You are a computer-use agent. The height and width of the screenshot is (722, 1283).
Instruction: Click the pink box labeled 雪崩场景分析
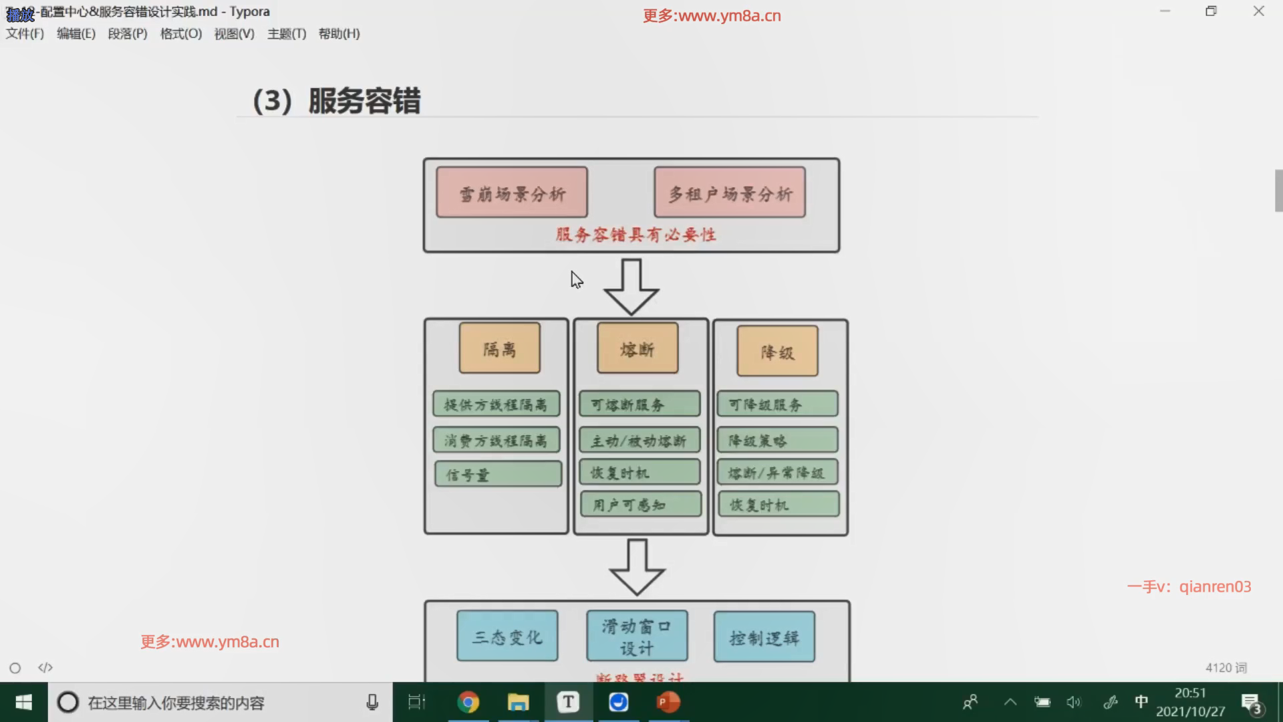point(512,193)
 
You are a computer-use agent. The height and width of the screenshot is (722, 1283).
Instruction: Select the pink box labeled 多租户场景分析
point(730,193)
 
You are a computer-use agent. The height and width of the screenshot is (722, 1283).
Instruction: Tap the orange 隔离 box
point(500,348)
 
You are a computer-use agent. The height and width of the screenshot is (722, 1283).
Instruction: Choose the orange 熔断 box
point(637,348)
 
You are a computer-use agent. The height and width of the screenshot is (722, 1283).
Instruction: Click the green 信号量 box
point(498,474)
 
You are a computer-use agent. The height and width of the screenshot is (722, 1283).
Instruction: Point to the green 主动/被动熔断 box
point(639,441)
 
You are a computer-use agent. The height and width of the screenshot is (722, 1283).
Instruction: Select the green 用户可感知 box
point(641,504)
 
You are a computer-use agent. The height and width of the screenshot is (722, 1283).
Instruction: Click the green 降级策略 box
point(777,440)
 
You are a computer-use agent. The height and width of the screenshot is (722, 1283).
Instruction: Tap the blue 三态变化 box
point(507,636)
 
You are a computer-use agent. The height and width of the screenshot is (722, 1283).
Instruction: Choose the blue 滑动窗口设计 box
point(637,636)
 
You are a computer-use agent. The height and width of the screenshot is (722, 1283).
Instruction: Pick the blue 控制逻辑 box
point(764,637)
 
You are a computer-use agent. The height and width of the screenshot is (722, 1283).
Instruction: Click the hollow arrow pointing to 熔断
point(631,286)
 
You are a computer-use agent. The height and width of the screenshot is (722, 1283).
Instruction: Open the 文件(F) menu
point(25,33)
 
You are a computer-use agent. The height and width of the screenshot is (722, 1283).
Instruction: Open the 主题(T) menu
point(287,33)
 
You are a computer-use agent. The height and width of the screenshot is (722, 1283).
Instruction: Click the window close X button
point(1259,11)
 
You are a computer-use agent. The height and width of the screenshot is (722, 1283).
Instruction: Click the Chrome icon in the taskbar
point(468,702)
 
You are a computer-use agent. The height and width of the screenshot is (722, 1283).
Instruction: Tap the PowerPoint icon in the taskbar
point(668,702)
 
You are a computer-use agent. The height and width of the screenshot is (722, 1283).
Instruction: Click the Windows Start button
point(23,702)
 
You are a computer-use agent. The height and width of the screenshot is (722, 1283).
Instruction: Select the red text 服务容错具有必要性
point(635,235)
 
